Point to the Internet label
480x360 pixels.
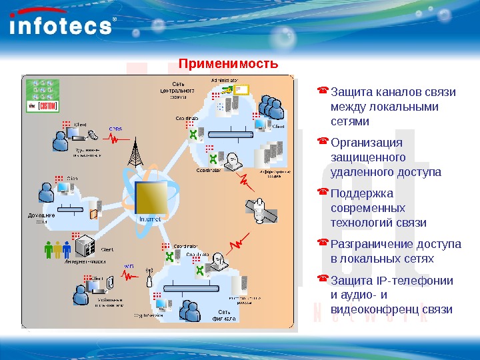click(150, 218)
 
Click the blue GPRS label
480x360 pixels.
click(115, 129)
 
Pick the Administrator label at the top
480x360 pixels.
click(225, 81)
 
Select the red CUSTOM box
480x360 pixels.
click(48, 106)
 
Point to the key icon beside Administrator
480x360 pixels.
click(229, 89)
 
